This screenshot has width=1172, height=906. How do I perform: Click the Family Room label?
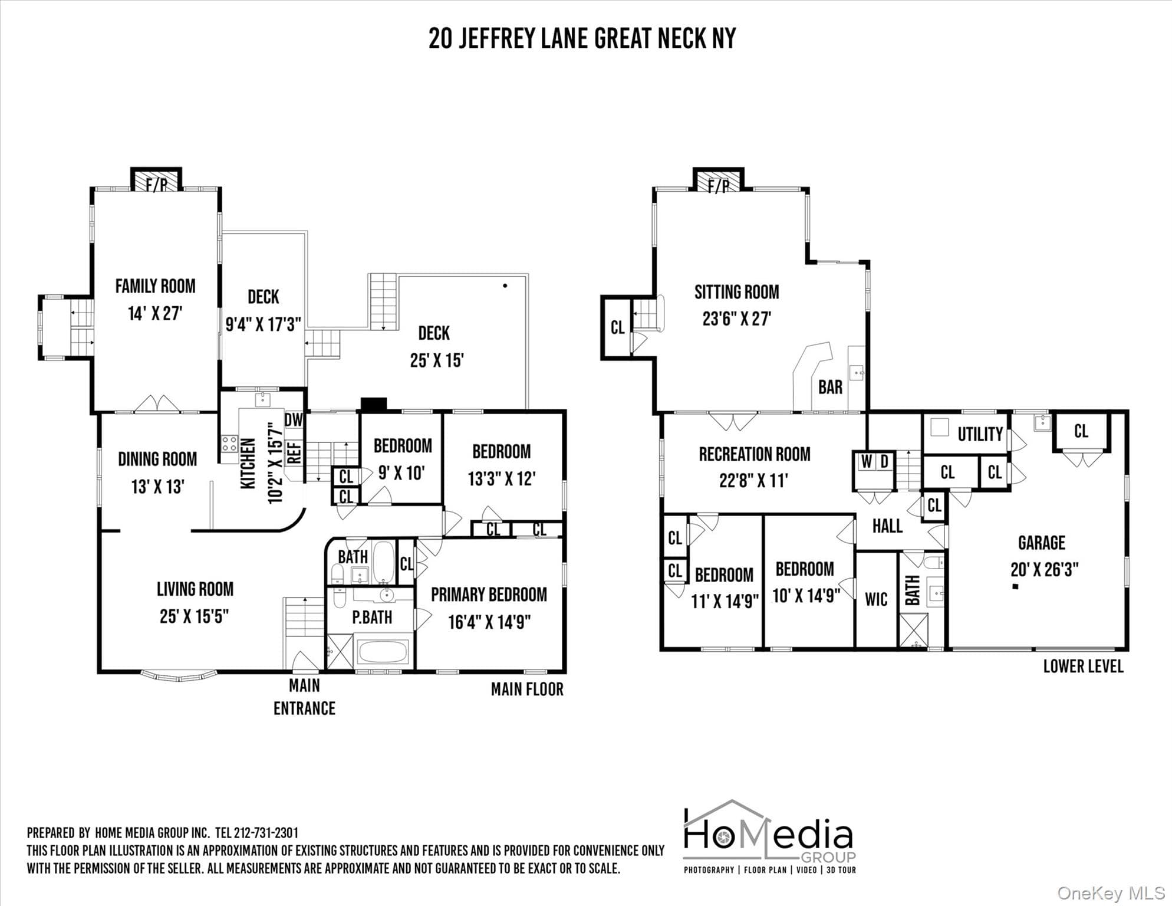pos(155,286)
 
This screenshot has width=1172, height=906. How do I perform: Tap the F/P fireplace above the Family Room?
pos(156,180)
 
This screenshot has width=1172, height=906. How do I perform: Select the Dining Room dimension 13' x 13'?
pos(157,487)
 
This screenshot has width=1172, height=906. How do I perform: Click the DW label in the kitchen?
pos(294,420)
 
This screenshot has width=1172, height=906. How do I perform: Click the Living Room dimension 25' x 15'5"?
pos(194,616)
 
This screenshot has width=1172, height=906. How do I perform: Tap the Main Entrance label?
pos(304,697)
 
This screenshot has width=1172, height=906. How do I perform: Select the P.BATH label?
pos(372,617)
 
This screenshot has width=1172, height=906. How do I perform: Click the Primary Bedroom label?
pos(489,595)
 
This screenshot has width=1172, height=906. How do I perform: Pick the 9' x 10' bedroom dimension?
pos(401,472)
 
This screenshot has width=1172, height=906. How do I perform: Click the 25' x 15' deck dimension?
pos(437,360)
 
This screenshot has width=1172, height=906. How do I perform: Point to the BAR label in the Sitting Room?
pos(830,388)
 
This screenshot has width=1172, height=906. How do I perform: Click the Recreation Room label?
pos(755,454)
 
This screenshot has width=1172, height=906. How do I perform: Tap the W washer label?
pos(865,462)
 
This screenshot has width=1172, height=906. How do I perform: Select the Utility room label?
pos(980,434)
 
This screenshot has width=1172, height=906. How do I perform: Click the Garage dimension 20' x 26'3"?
pos(1044,570)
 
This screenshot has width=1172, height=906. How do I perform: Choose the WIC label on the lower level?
pos(876,599)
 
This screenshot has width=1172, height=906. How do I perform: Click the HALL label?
pos(887,526)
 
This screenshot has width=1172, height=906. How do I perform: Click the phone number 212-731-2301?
pos(266,833)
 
